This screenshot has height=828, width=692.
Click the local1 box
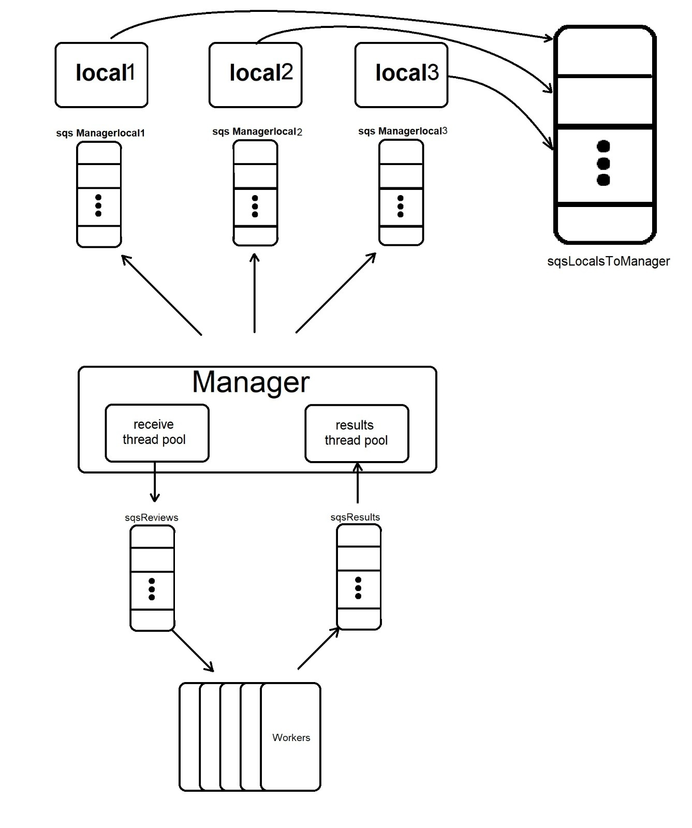pyautogui.click(x=101, y=75)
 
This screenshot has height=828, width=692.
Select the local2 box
pyautogui.click(x=255, y=75)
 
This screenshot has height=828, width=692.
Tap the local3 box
pyautogui.click(x=401, y=75)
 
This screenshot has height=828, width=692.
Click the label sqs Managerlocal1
pyautogui.click(x=100, y=133)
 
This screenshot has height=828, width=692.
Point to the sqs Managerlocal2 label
pyautogui.click(x=257, y=131)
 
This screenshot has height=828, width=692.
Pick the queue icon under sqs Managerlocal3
pyautogui.click(x=401, y=193)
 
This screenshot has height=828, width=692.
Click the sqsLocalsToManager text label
pyautogui.click(x=608, y=261)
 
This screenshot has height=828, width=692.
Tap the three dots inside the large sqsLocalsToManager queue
pyautogui.click(x=603, y=163)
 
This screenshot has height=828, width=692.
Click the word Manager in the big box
pyautogui.click(x=251, y=382)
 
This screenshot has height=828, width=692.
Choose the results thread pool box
pyautogui.click(x=357, y=433)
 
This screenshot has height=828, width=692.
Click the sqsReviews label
pyautogui.click(x=152, y=517)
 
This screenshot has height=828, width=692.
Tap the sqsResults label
pyautogui.click(x=355, y=517)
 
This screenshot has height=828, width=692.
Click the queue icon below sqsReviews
pyautogui.click(x=152, y=578)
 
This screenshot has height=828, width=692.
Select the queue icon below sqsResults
pyautogui.click(x=359, y=577)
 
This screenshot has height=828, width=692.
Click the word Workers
pyautogui.click(x=291, y=737)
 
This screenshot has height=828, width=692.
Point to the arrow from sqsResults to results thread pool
pyautogui.click(x=357, y=484)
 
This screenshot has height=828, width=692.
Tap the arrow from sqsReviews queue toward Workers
pyautogui.click(x=193, y=650)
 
